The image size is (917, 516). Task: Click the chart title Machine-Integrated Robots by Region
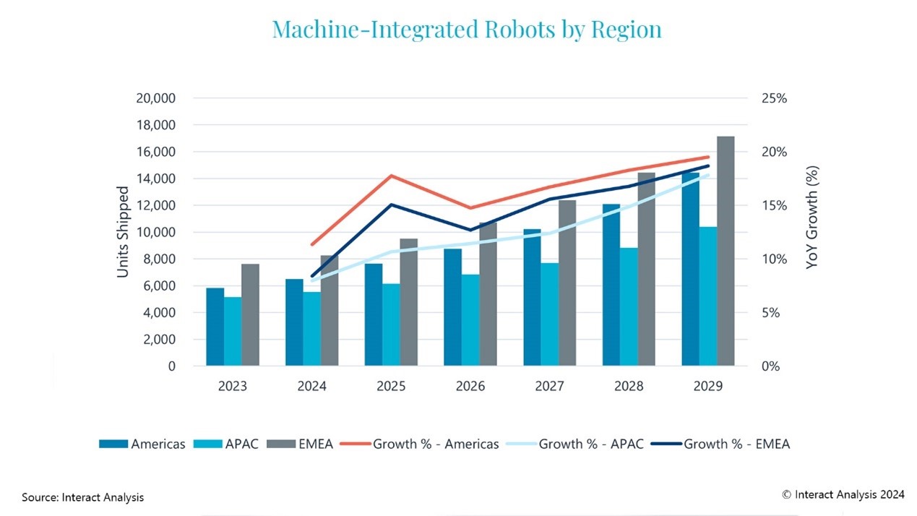466,30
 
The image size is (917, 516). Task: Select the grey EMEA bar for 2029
726,251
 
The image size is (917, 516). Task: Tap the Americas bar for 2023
215,327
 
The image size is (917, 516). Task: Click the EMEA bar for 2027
567,283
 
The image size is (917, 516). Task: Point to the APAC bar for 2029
708,296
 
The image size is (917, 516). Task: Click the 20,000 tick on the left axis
155,98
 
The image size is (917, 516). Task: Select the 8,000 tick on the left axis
160,259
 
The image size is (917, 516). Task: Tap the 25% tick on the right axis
768,98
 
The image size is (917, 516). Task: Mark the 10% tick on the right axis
768,259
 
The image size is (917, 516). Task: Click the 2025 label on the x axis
391,387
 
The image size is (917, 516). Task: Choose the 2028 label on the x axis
629,387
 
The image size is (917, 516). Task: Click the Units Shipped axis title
123,232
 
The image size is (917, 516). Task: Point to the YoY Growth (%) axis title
813,218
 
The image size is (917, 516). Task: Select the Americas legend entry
143,444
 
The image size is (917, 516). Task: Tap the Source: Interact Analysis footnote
82,497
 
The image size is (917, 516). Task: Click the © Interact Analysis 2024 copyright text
843,494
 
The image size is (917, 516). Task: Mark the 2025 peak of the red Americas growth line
391,176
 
